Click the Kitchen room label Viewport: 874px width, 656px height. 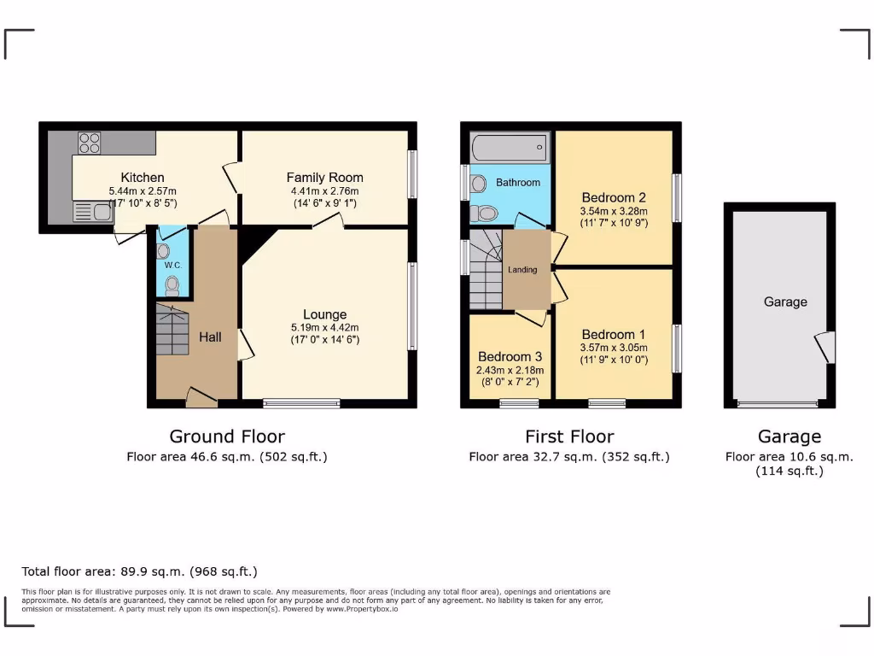pyautogui.click(x=143, y=178)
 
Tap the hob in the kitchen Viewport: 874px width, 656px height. pyautogui.click(x=90, y=142)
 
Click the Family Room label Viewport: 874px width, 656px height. pyautogui.click(x=324, y=178)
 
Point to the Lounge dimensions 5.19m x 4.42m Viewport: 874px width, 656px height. pyautogui.click(x=324, y=327)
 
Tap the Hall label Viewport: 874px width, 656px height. pyautogui.click(x=210, y=337)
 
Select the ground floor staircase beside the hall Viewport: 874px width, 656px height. pyautogui.click(x=171, y=331)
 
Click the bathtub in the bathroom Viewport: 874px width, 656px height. pyautogui.click(x=509, y=148)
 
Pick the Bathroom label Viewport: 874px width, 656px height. pyautogui.click(x=518, y=183)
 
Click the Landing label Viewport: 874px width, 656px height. pyautogui.click(x=522, y=270)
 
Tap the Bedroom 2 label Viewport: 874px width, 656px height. pyautogui.click(x=613, y=196)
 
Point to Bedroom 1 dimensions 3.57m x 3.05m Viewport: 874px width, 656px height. pyautogui.click(x=613, y=348)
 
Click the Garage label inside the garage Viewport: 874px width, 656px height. pyautogui.click(x=785, y=302)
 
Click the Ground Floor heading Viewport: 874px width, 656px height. pyautogui.click(x=227, y=436)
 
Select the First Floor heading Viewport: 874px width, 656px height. pyautogui.click(x=569, y=436)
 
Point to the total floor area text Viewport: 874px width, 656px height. pyautogui.click(x=139, y=571)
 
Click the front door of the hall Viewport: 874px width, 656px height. pyautogui.click(x=201, y=395)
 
